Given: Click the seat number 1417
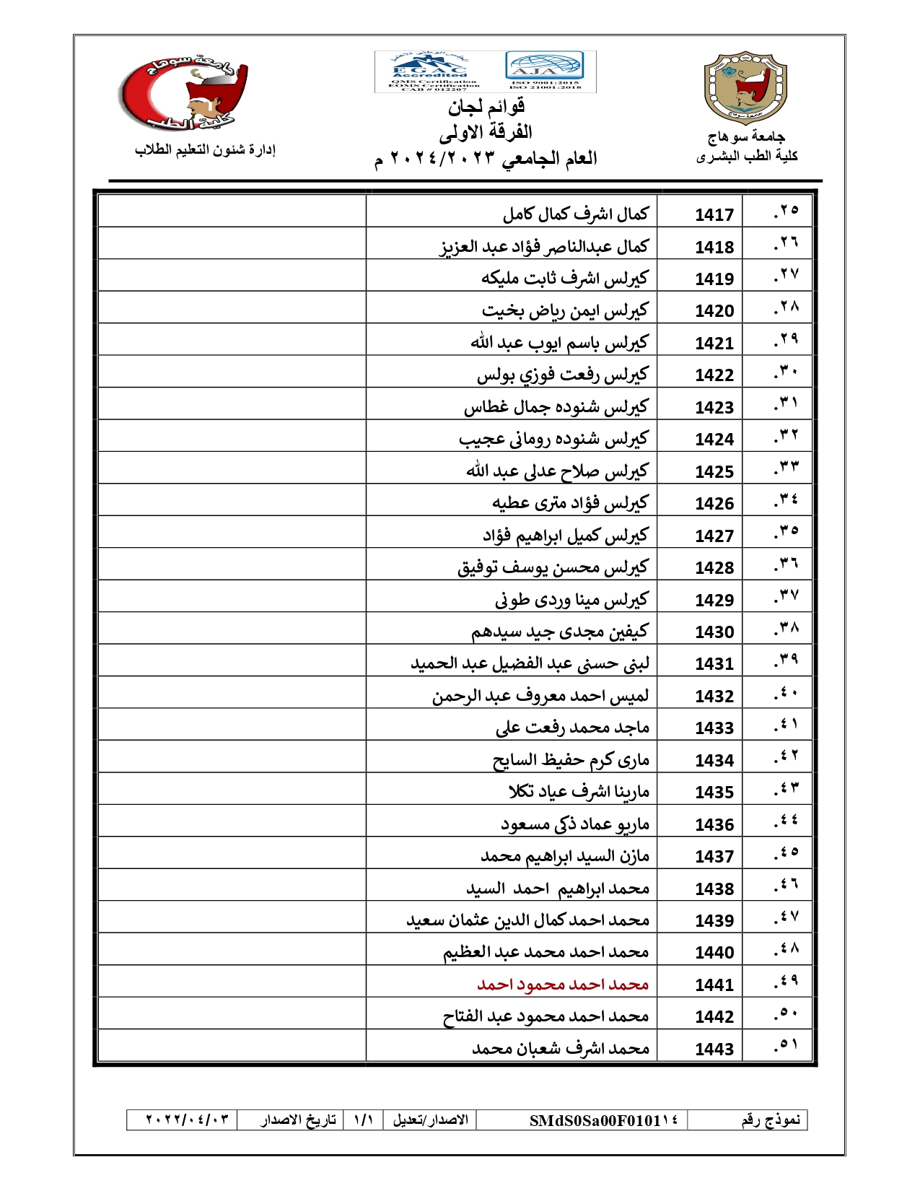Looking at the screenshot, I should click(x=714, y=214).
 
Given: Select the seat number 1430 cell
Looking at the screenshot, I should click(x=714, y=632).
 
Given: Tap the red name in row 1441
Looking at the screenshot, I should click(x=563, y=985).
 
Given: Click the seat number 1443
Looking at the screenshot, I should click(x=714, y=1049).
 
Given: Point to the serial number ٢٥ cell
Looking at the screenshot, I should click(x=785, y=211).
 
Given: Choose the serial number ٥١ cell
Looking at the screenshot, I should click(x=785, y=1044).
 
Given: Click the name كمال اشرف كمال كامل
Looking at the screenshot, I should click(x=576, y=214).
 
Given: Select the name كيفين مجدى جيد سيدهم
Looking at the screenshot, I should click(x=560, y=632).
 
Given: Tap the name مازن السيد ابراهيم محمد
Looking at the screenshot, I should click(x=565, y=856).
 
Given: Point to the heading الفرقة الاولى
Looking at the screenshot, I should click(x=486, y=133).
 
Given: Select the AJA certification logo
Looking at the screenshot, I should click(x=545, y=69).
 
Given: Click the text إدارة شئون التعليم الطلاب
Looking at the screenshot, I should click(x=206, y=150).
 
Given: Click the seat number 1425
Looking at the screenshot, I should click(x=714, y=471).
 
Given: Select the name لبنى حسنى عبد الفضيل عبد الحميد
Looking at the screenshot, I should click(x=530, y=663).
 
